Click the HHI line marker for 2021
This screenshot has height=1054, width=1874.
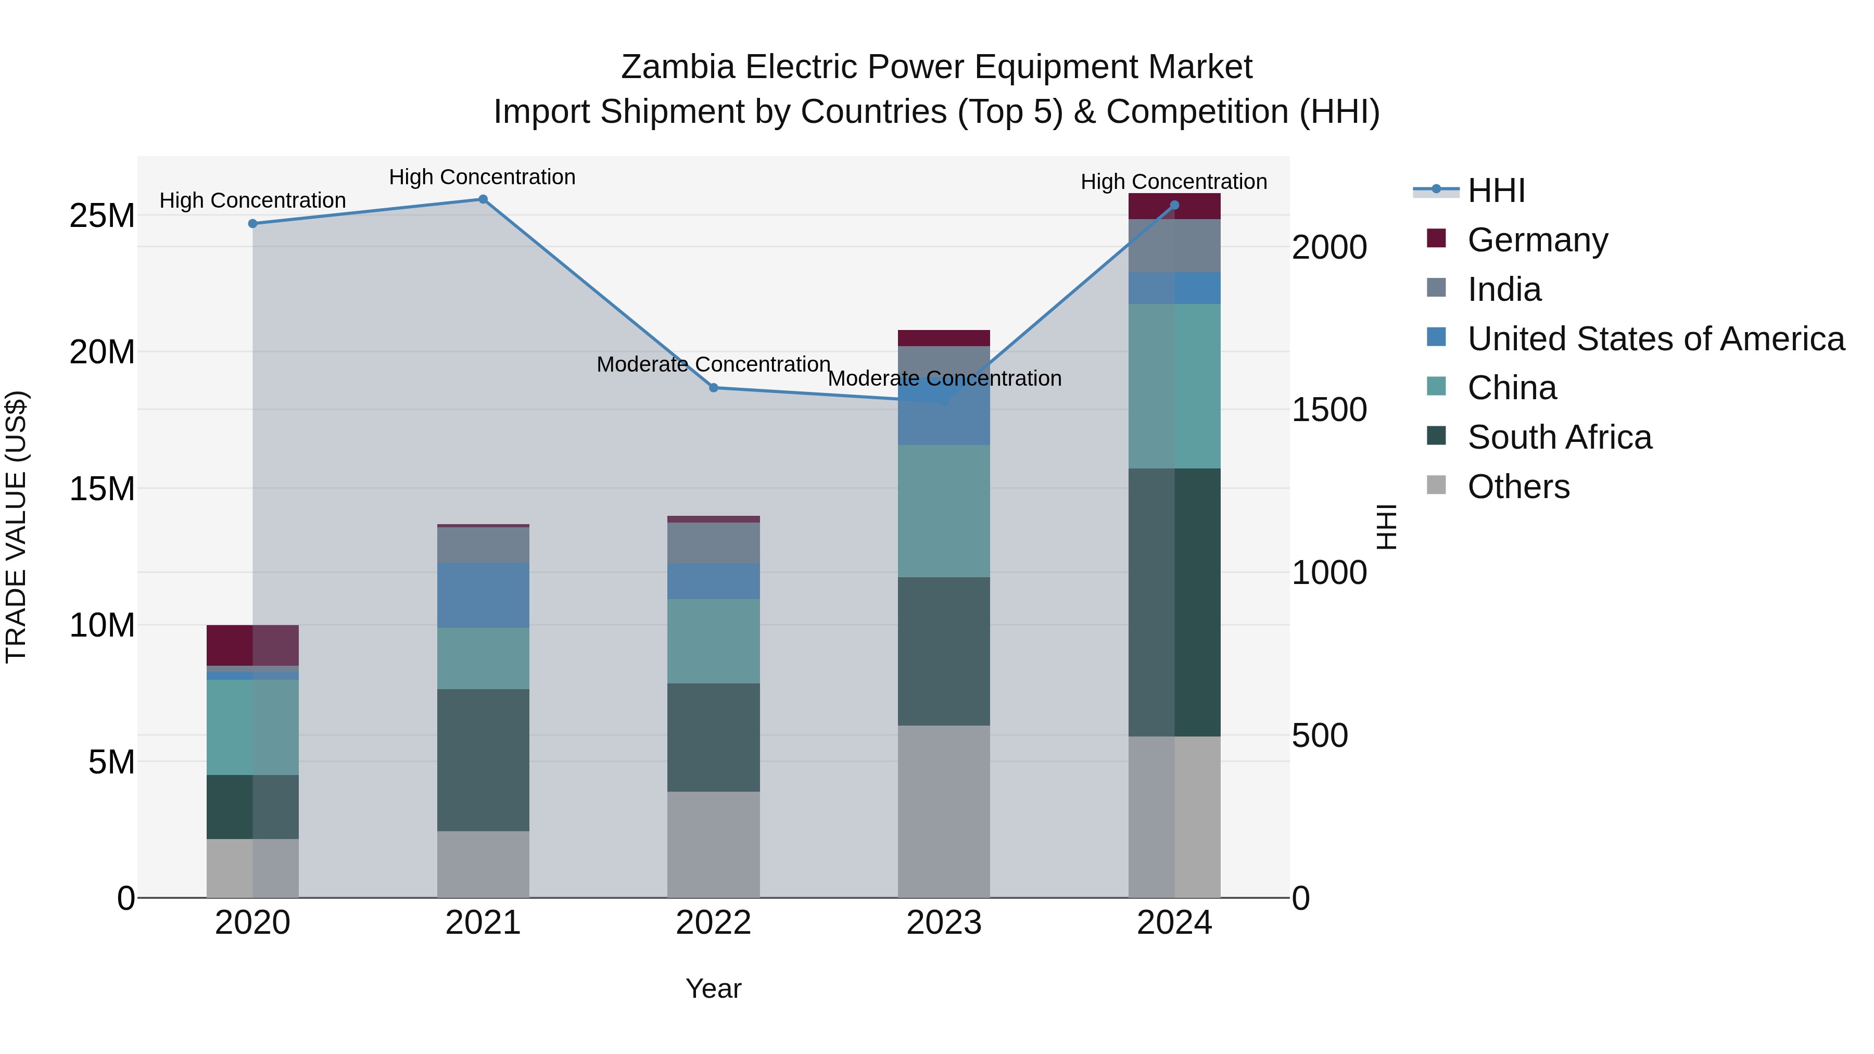point(483,199)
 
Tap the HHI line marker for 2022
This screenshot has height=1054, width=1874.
point(714,388)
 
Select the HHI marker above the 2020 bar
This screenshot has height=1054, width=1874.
point(252,223)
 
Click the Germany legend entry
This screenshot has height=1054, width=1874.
point(1537,240)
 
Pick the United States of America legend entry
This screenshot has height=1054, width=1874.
point(1655,339)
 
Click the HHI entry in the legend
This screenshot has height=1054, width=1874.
point(1496,191)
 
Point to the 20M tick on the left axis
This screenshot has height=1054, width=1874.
point(102,352)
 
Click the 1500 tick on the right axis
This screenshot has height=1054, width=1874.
point(1328,410)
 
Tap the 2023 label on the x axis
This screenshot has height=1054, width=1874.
point(944,923)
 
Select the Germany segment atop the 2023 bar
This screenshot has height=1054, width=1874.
point(944,338)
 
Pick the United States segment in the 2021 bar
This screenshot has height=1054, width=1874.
point(483,594)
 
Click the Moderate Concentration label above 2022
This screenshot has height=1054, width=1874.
point(713,364)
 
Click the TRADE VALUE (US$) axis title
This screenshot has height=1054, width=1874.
point(16,527)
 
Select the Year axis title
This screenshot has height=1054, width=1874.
point(713,988)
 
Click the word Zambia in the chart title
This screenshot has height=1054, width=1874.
point(678,67)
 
